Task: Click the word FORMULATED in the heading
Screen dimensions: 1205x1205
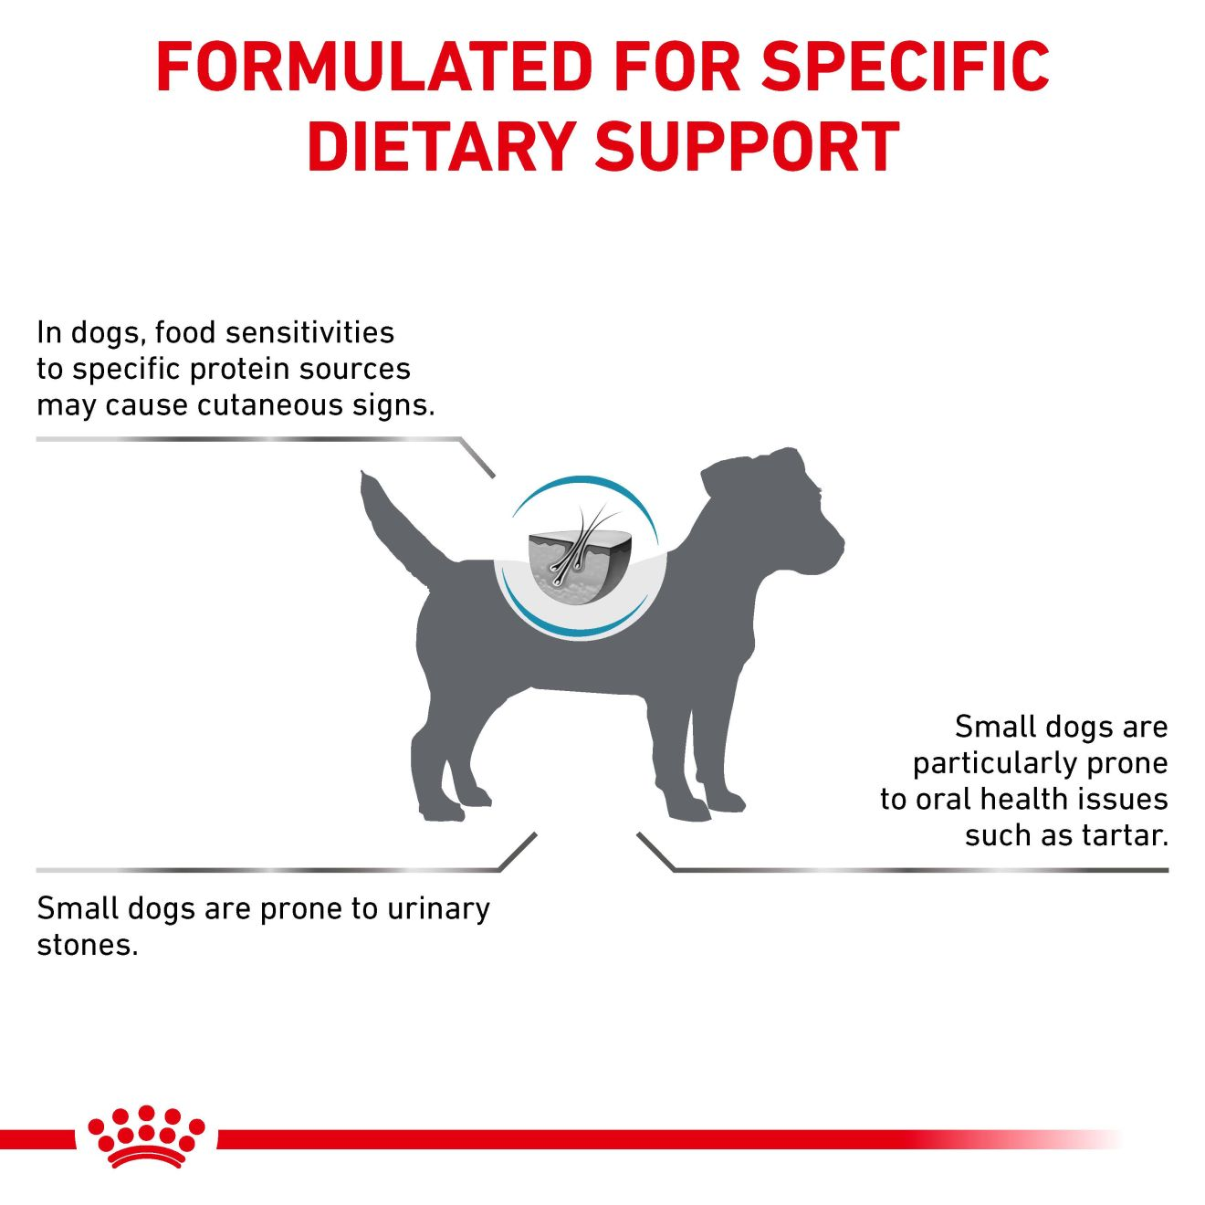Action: pos(374,67)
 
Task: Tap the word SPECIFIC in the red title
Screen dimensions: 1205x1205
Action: pos(906,67)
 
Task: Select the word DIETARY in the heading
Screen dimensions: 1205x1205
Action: pos(440,146)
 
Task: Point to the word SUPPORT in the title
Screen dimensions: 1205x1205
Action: pos(748,146)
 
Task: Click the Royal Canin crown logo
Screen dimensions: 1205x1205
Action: pos(146,1137)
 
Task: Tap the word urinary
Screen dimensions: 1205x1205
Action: pos(438,909)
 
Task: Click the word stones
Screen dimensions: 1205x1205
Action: pos(87,945)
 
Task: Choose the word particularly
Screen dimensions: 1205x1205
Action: pos(990,763)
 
